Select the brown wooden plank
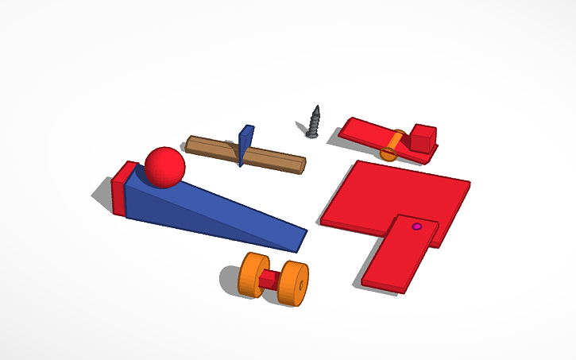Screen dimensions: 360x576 click(x=270, y=158)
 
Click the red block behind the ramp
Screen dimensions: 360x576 click(x=122, y=189)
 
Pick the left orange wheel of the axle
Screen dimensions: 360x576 click(x=254, y=275)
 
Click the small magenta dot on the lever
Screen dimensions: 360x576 click(x=416, y=226)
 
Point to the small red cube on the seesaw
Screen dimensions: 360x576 click(x=423, y=138)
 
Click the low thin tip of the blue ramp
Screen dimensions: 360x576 click(x=300, y=238)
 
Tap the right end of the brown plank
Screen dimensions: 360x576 click(x=300, y=165)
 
